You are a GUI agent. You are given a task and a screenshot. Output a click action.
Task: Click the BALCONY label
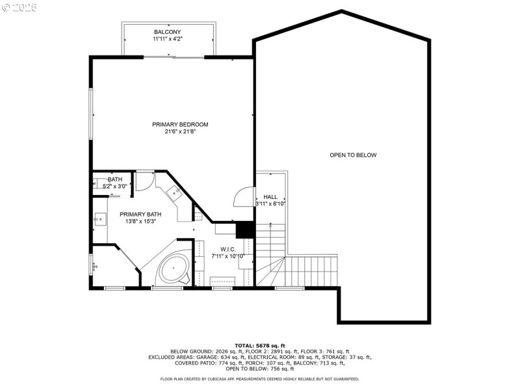point(167,32)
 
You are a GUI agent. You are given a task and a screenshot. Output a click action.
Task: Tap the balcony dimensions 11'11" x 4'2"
point(167,39)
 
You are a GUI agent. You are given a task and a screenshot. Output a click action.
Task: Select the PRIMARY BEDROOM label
point(180,124)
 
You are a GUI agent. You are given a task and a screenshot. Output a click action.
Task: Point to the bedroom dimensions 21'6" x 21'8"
point(180,132)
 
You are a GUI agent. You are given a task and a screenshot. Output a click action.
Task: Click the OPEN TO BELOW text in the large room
point(353,155)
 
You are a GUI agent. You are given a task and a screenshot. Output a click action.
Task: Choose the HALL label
point(270,196)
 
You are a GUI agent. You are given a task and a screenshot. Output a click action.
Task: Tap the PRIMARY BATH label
point(140,214)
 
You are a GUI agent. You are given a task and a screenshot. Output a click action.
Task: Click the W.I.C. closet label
point(227,249)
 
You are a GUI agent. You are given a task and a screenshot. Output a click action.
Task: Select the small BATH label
point(114,179)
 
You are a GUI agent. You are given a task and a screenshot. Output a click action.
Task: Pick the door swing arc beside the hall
point(244,196)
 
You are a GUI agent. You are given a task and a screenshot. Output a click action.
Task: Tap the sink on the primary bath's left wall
point(99,220)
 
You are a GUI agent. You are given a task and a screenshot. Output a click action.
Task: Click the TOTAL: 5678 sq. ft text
point(259,345)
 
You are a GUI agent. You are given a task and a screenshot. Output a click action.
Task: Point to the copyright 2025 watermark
point(19,8)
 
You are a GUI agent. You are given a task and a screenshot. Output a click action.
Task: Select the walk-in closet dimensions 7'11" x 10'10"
point(227,256)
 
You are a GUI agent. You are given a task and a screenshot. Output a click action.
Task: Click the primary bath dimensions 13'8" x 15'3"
point(140,222)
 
